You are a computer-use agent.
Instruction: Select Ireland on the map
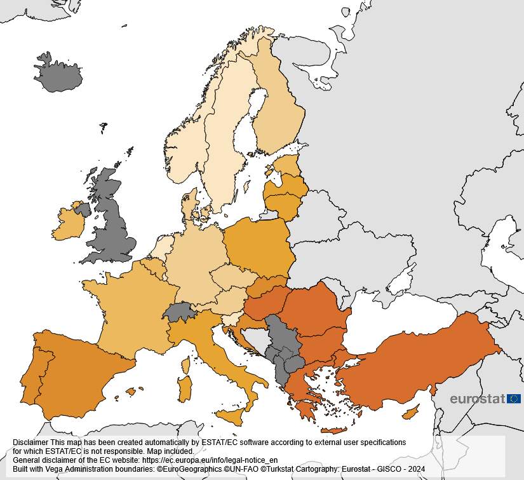68,223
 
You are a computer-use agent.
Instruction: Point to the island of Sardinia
185,388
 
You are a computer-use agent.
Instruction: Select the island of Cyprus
412,413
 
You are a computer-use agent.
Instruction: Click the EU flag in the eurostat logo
514,399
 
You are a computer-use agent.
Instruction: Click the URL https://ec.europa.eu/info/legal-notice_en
210,460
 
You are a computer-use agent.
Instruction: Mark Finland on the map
279,114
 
